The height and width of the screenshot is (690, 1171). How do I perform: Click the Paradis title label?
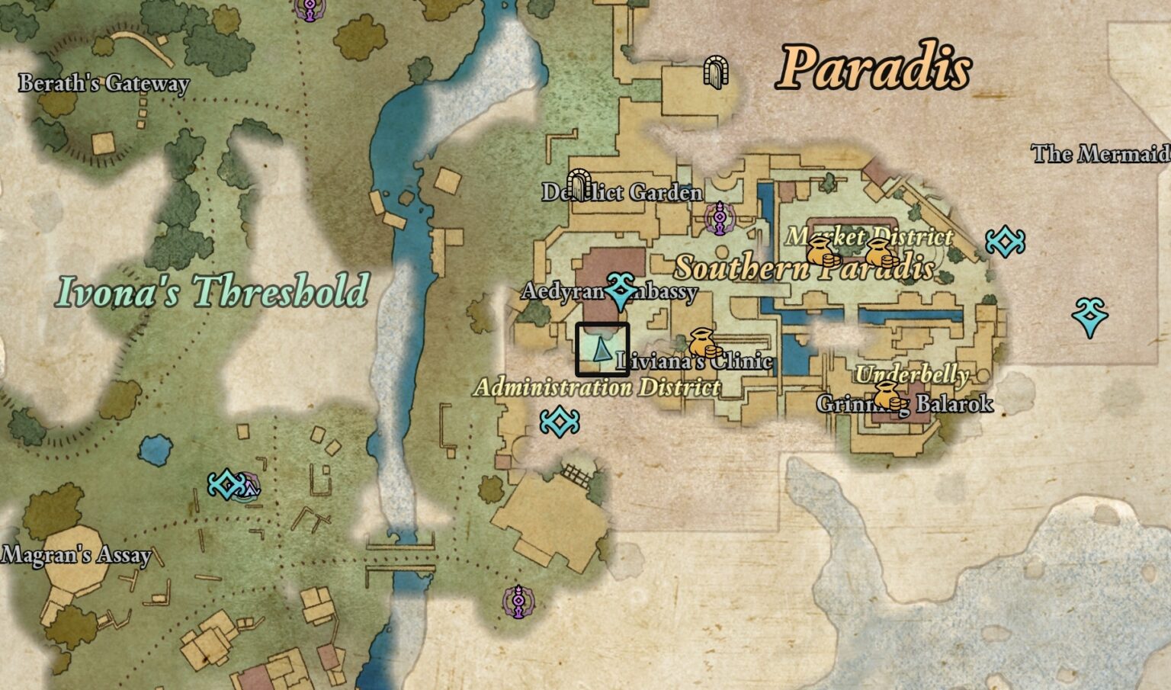(x=874, y=67)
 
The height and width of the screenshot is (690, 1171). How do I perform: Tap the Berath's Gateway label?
(x=104, y=82)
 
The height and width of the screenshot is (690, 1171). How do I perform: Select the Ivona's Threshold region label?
(x=213, y=291)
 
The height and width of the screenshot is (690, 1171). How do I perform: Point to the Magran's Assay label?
(x=75, y=554)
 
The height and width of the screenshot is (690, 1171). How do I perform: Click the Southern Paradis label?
(x=805, y=268)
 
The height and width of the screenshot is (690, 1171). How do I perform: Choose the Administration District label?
(x=597, y=387)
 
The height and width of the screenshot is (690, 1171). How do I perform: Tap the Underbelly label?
(x=912, y=374)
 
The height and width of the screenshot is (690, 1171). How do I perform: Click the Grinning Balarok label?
(x=905, y=403)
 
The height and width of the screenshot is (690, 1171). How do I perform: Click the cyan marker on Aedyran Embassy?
(x=620, y=290)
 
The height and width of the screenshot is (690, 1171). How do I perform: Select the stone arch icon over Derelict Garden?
(x=580, y=184)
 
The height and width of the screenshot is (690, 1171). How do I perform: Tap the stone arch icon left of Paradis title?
(x=716, y=72)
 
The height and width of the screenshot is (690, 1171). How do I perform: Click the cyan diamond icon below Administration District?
(x=560, y=422)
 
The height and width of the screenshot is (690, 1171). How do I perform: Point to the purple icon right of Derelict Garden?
(x=718, y=218)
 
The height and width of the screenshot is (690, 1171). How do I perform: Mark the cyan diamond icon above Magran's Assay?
(x=226, y=484)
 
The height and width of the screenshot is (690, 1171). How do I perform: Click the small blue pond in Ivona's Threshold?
(x=156, y=450)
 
